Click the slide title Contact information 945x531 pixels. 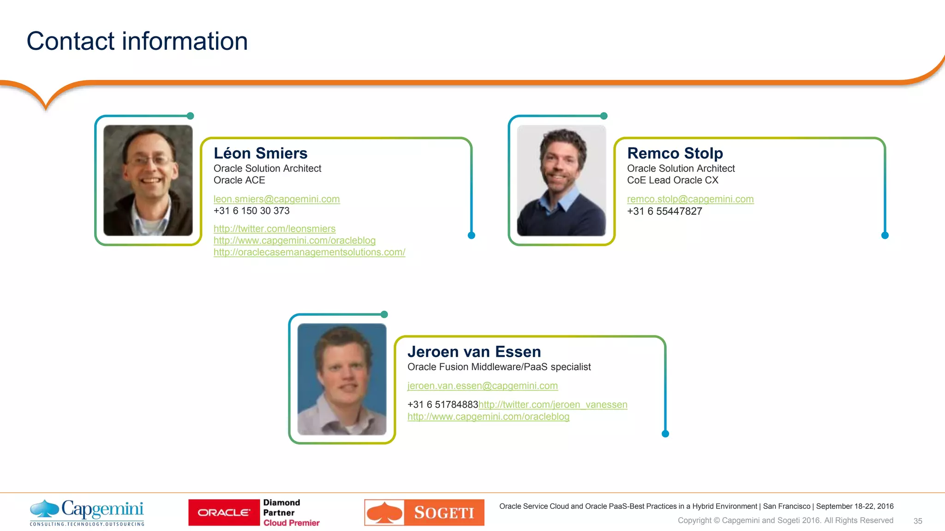coord(137,41)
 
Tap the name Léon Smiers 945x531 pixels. coord(260,153)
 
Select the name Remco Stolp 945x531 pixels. coord(675,153)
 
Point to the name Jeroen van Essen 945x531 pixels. coord(474,352)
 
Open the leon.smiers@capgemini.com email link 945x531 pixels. coord(276,199)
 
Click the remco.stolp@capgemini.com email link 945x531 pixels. coord(690,199)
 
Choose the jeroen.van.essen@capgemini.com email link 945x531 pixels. coord(482,386)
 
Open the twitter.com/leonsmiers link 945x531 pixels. coord(274,229)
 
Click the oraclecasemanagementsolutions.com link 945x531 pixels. coord(309,253)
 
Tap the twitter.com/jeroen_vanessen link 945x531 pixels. coord(553,405)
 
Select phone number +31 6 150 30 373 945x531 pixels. coord(251,211)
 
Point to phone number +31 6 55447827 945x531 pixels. coord(664,212)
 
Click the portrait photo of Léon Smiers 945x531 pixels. coord(148,180)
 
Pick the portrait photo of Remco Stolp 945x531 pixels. coord(561,180)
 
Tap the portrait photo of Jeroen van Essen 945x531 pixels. coord(341,379)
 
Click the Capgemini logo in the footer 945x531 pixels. coord(87,512)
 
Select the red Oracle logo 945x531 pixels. coord(224,513)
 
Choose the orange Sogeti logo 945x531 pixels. coord(424,513)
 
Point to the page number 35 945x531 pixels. coord(918,521)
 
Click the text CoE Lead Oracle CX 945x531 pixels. coord(672,180)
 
